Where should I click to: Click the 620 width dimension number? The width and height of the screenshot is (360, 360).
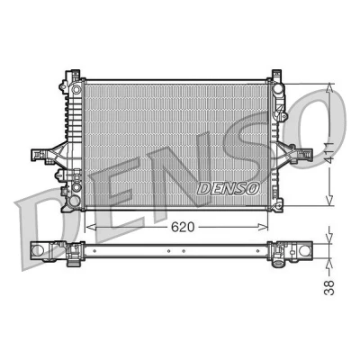coord(183,227)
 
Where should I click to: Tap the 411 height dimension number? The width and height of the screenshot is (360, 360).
coord(329,155)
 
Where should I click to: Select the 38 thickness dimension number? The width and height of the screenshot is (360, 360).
coord(329,287)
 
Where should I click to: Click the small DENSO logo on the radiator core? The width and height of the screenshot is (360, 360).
coord(228,188)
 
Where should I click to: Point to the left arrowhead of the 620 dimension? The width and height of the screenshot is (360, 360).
coord(91,227)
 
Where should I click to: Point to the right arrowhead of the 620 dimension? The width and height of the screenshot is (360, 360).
coord(263,227)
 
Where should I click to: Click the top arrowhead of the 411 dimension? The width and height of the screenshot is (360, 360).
coord(329,89)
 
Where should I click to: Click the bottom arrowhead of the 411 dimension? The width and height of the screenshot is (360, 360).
coord(329,201)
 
